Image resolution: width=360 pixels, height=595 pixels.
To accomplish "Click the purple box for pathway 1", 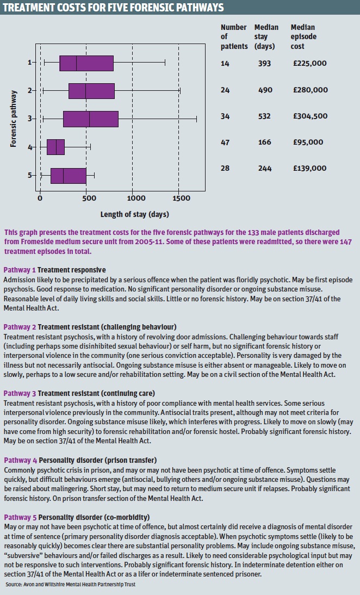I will coord(86,63).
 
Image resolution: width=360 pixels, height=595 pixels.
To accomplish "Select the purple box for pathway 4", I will coord(55,147).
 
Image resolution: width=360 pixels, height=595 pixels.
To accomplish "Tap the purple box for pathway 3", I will coord(91,119).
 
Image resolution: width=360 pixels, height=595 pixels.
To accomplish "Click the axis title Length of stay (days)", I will coord(134,214).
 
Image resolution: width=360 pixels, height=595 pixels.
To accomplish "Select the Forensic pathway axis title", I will coord(14,119).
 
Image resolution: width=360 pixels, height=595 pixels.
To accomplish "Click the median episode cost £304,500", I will coord(310,116).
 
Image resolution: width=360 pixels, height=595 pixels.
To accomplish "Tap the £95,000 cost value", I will coord(308,142).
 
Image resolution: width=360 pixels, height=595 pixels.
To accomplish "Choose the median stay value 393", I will coord(265,64).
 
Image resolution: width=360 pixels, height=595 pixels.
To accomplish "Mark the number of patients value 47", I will coord(226,142).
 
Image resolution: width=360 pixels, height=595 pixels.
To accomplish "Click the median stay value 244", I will coord(265,169).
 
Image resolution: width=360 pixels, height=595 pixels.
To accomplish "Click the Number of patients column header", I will coord(234,36).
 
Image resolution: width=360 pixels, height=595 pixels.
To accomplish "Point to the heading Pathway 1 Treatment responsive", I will coord(54,270).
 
